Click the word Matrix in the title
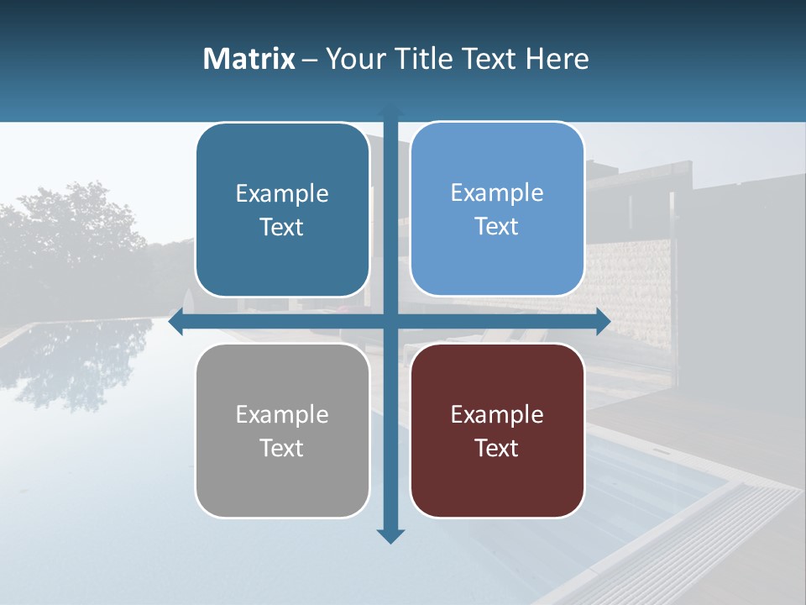pos(249,59)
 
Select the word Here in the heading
pos(557,59)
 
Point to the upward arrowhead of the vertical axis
pos(390,110)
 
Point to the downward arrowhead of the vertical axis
pos(390,535)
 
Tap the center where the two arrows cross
pos(390,322)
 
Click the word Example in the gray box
pos(282,414)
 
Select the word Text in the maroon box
pos(497,448)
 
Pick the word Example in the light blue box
pos(497,192)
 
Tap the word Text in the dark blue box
pos(282,228)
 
